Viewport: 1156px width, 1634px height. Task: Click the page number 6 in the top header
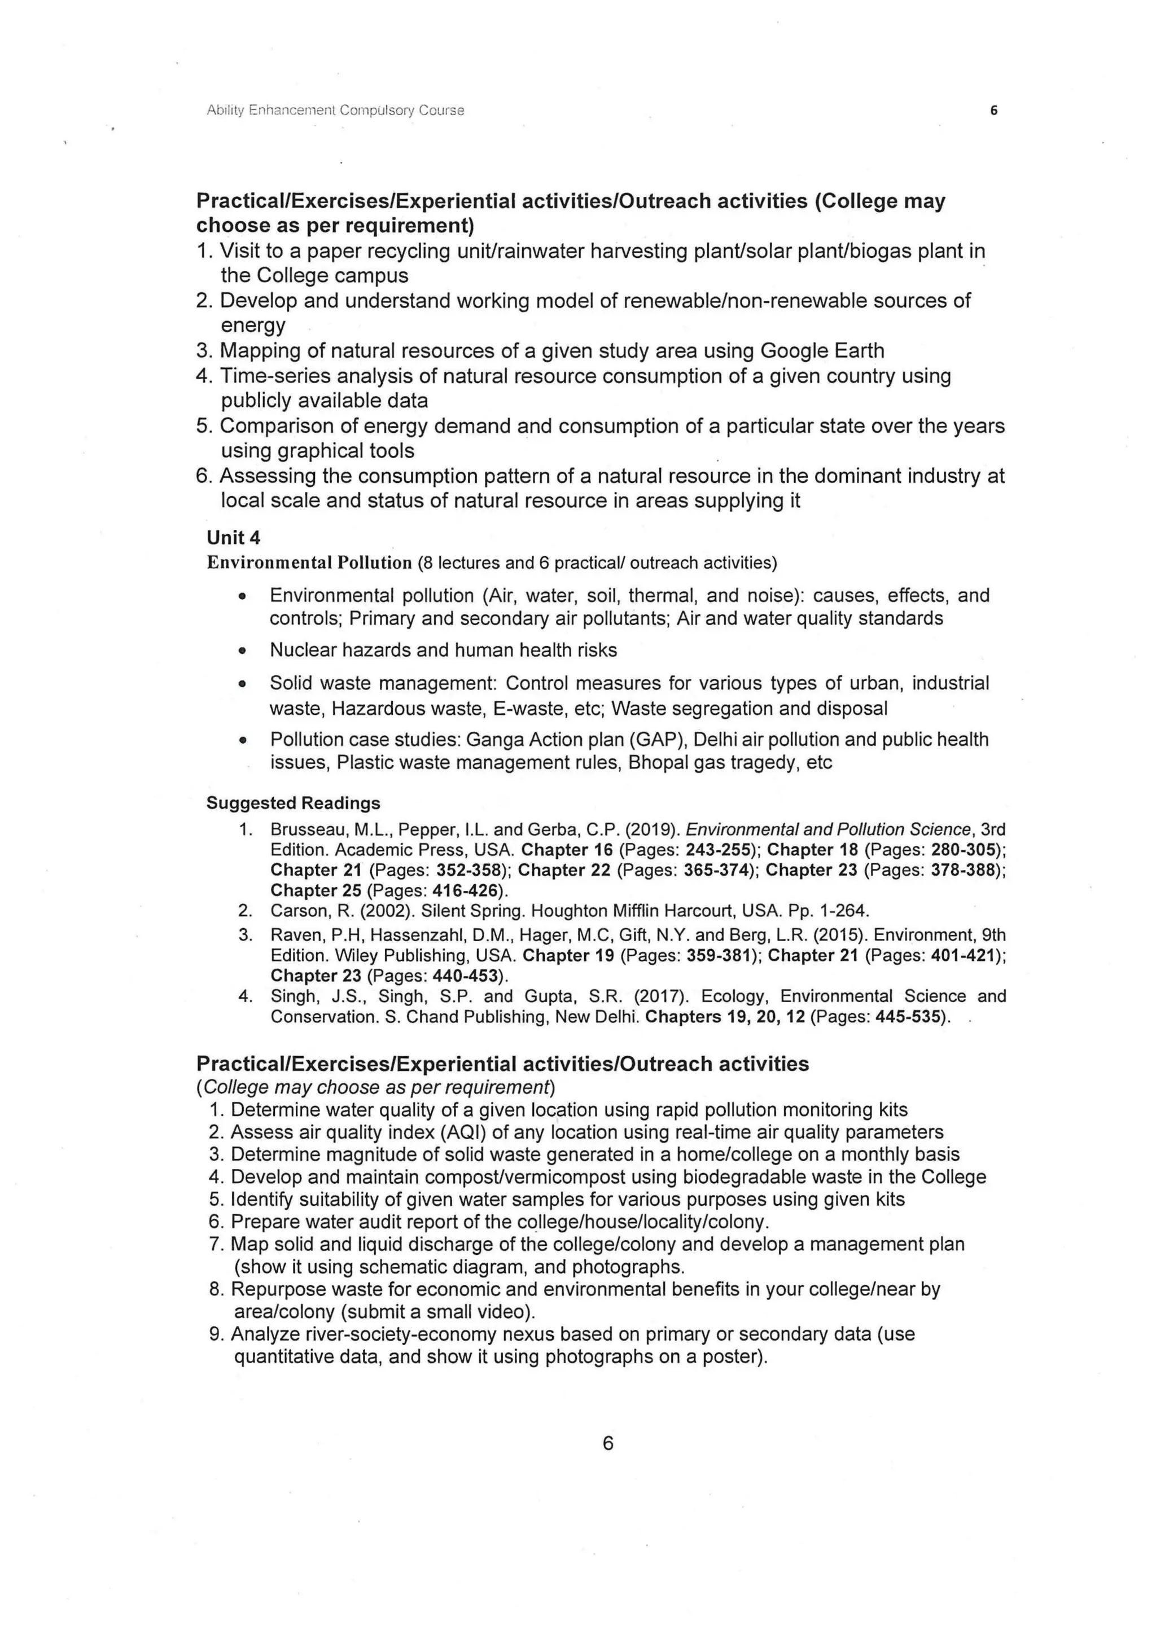[993, 111]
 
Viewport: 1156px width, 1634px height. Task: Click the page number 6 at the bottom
[608, 1443]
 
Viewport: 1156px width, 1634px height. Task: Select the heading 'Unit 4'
[234, 537]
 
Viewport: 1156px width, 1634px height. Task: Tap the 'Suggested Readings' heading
[294, 803]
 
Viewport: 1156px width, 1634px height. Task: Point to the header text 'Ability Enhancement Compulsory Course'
[335, 111]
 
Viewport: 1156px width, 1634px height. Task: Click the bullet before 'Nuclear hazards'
[243, 651]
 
